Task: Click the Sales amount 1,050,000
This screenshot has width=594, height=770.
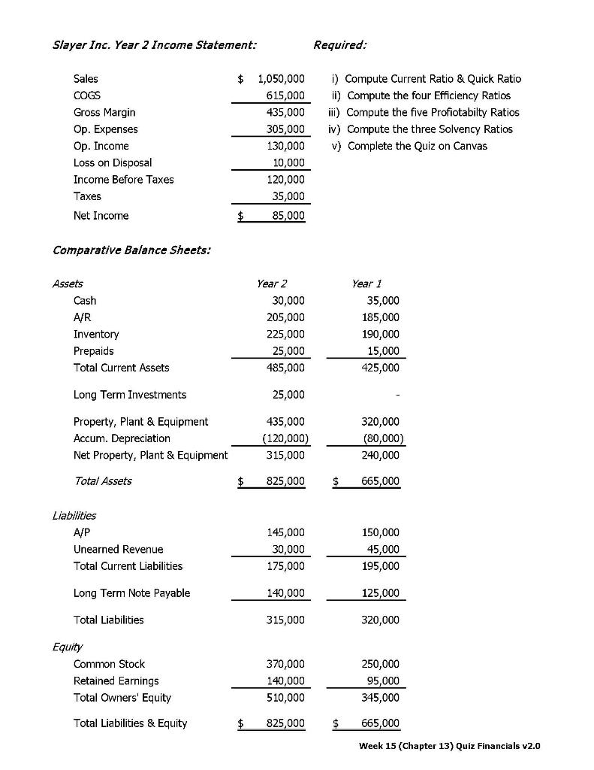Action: click(280, 79)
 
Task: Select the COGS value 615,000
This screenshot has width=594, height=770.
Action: click(285, 95)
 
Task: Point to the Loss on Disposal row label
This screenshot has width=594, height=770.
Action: click(113, 162)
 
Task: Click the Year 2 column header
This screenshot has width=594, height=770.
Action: click(271, 283)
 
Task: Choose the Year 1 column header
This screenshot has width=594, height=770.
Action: click(366, 283)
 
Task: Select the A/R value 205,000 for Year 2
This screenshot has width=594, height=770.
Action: click(285, 317)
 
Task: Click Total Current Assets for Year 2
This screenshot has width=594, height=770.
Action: click(285, 368)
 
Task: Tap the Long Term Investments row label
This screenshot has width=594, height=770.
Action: click(130, 395)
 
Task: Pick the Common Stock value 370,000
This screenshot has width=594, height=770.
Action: click(285, 664)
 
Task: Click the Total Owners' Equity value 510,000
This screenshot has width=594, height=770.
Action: click(285, 697)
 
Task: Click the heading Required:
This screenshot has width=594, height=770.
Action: click(340, 45)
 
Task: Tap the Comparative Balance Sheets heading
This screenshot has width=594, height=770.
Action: click(131, 250)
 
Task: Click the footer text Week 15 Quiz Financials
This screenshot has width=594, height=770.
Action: click(449, 746)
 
